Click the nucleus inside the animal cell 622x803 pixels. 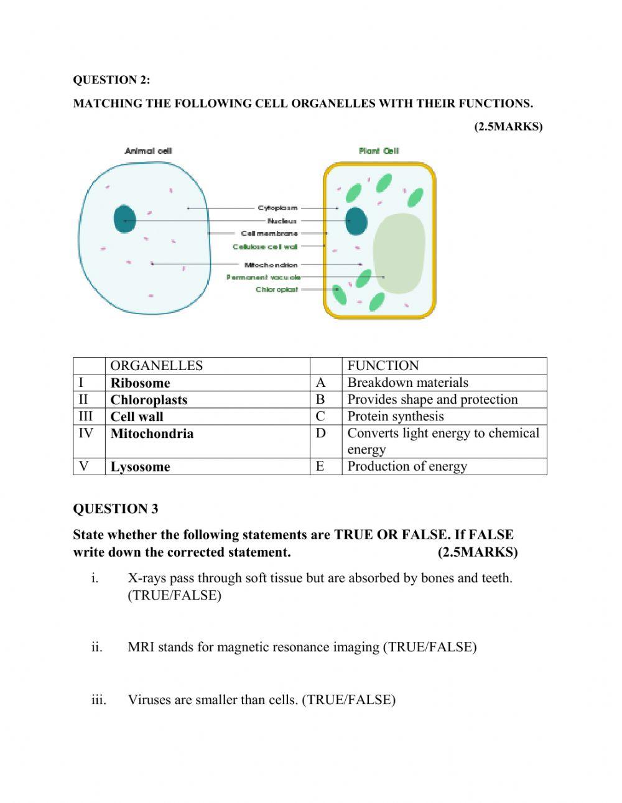pyautogui.click(x=124, y=219)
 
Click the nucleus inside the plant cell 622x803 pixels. pyautogui.click(x=356, y=221)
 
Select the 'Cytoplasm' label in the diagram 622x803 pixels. pyautogui.click(x=277, y=208)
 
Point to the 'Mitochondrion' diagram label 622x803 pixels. pyautogui.click(x=271, y=264)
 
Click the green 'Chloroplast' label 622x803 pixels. pyautogui.click(x=277, y=289)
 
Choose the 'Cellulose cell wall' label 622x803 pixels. pyautogui.click(x=265, y=246)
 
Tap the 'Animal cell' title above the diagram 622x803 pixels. pyautogui.click(x=148, y=151)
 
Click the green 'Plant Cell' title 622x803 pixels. pyautogui.click(x=379, y=151)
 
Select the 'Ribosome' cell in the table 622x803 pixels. pyautogui.click(x=140, y=383)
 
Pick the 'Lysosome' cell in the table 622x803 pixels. pyautogui.click(x=140, y=466)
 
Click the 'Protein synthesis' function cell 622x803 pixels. pyautogui.click(x=396, y=416)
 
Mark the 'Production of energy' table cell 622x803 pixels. pyautogui.click(x=407, y=466)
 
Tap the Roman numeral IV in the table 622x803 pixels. pyautogui.click(x=86, y=433)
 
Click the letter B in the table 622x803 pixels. pyautogui.click(x=320, y=399)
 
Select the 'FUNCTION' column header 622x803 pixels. pyautogui.click(x=383, y=366)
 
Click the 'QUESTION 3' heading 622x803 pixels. pyautogui.click(x=116, y=509)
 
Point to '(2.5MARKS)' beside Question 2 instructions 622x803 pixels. pyautogui.click(x=508, y=126)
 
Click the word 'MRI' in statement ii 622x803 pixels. pyautogui.click(x=141, y=647)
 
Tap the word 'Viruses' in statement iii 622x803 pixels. pyautogui.click(x=149, y=700)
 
